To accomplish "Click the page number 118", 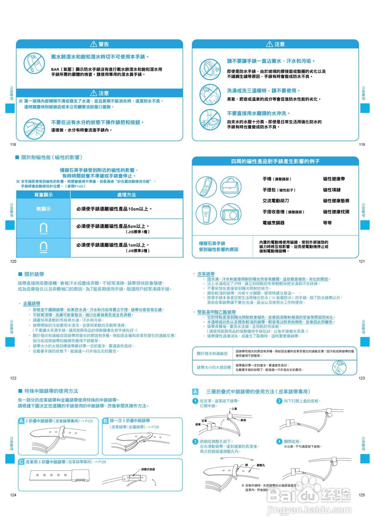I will [x=12, y=144].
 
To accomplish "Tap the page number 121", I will [x=362, y=261].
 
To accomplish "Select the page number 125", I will [x=362, y=495].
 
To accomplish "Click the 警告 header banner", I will [x=100, y=44].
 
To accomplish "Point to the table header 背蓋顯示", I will [x=43, y=195].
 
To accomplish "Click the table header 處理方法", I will [x=126, y=195].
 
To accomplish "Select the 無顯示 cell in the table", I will [x=43, y=209].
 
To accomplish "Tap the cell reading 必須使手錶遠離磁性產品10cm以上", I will [x=114, y=209].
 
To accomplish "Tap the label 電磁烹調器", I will [x=273, y=223].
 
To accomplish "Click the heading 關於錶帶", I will [x=34, y=274].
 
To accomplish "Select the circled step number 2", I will [x=279, y=401].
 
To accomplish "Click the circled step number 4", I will [x=279, y=441].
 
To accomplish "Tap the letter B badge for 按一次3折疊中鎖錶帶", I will [x=105, y=421].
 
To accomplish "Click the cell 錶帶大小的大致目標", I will [x=214, y=368].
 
